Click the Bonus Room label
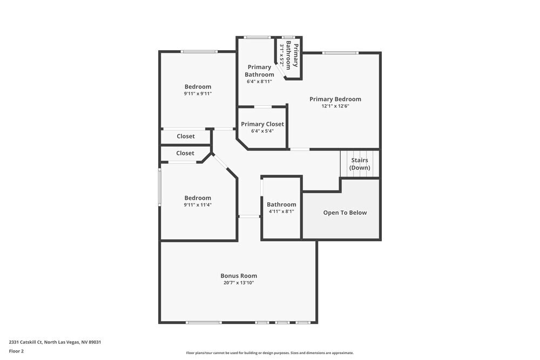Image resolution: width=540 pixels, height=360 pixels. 238,276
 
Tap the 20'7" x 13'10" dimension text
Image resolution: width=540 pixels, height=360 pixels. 238,283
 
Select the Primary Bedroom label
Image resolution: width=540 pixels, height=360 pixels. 335,99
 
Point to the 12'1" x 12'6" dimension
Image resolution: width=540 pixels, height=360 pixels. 335,106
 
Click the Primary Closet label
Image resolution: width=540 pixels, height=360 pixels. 262,124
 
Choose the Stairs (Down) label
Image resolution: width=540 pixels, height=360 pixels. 360,164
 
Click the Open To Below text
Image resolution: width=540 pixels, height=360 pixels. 345,213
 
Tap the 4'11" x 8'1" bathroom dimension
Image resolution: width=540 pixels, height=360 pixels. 281,212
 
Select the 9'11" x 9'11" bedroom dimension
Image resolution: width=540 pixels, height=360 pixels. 198,93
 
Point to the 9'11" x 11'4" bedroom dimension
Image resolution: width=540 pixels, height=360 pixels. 198,205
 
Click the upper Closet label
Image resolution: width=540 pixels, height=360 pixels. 186,137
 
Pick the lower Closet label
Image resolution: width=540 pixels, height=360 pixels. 185,153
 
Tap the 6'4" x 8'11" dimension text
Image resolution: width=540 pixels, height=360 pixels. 259,81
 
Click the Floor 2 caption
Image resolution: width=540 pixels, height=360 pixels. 16,351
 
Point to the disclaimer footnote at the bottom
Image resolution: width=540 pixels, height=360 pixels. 270,353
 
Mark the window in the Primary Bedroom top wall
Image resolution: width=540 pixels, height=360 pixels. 340,53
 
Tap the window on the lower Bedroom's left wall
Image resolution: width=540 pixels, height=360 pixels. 159,187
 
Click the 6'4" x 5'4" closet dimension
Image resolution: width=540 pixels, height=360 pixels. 262,131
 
